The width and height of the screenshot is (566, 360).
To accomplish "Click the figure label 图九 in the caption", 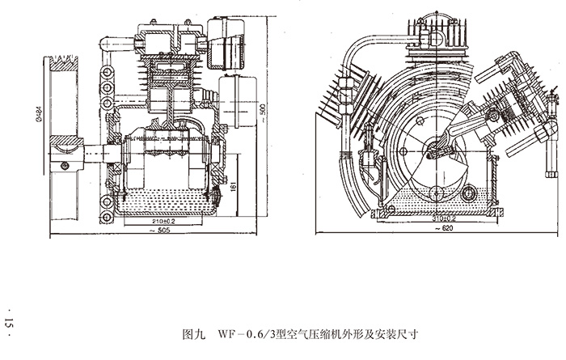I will click(195, 332).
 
